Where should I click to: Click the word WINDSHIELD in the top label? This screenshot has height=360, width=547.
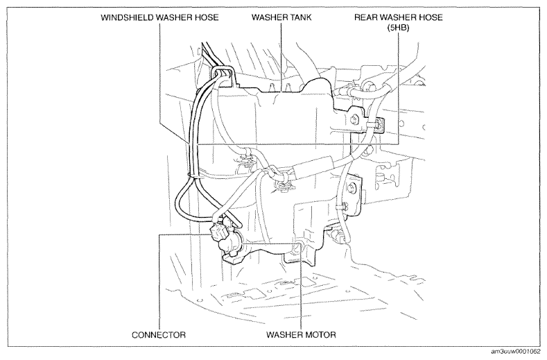(x=128, y=17)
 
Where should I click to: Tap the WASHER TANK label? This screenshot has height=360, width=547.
(x=281, y=17)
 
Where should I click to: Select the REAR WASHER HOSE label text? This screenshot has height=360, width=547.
(x=399, y=17)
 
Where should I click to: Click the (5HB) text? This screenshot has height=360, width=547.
(x=398, y=28)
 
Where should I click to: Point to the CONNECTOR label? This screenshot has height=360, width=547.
(x=159, y=335)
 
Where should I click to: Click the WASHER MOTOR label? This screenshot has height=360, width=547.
(x=301, y=335)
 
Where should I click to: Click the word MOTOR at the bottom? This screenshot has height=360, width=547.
(x=318, y=335)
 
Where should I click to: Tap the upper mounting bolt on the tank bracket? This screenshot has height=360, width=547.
(x=354, y=119)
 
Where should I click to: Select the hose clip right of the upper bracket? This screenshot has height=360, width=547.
(x=379, y=125)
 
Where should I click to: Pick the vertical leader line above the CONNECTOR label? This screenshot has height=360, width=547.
(x=159, y=282)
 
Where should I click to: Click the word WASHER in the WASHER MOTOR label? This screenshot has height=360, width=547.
(x=283, y=335)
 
